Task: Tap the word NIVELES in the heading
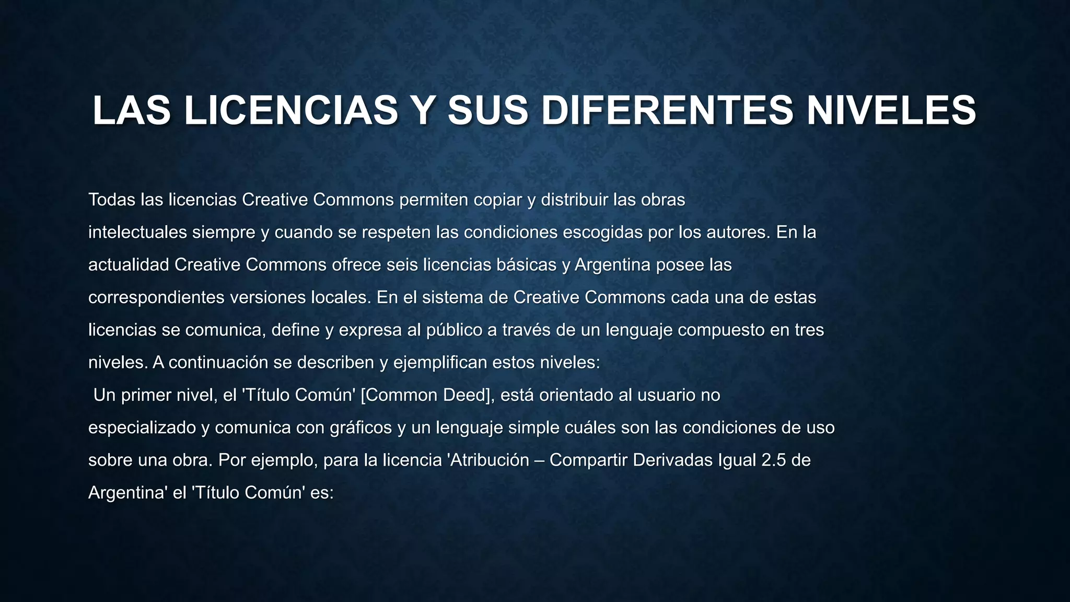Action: click(x=891, y=110)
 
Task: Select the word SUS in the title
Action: click(x=487, y=110)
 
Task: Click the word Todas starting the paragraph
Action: click(x=112, y=200)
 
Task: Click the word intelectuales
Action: click(x=137, y=232)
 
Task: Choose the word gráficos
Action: click(x=360, y=428)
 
